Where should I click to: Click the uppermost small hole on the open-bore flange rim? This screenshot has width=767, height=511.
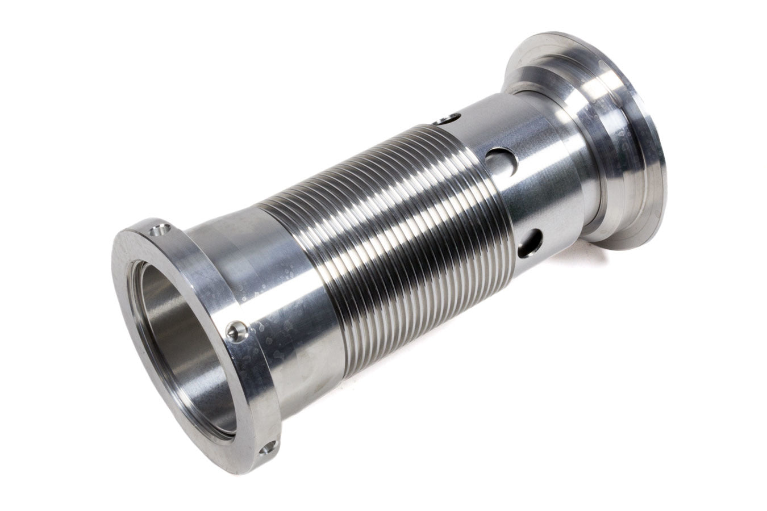click(x=160, y=231)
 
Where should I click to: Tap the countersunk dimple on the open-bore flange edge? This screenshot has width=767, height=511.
click(x=236, y=331)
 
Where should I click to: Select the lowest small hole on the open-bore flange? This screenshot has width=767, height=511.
click(x=267, y=449)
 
